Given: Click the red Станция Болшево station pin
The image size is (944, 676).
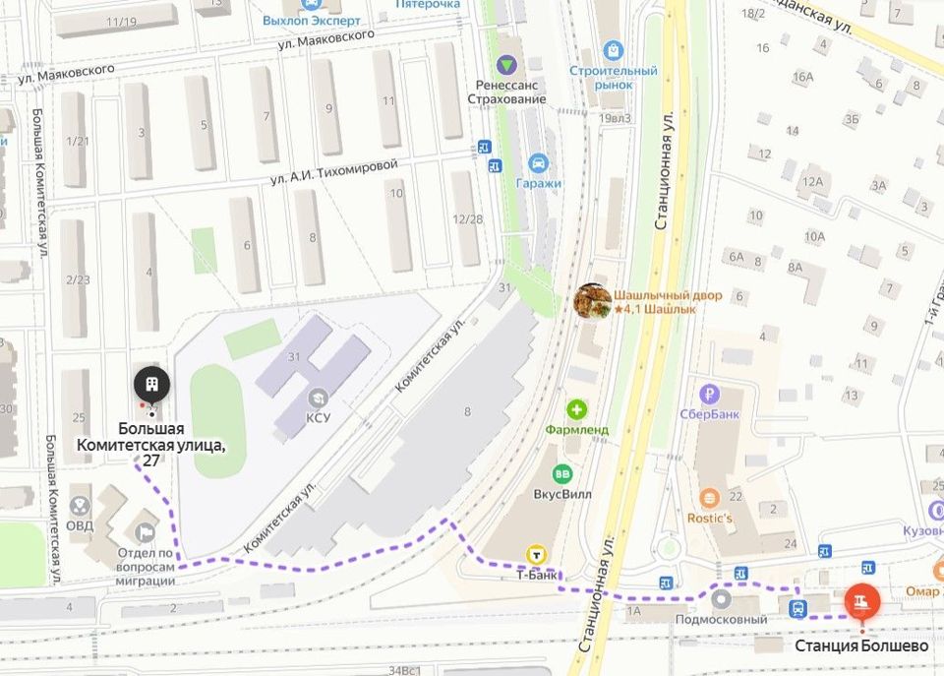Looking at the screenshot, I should coord(862,599).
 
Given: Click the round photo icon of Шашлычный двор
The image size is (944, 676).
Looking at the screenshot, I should coord(592,301).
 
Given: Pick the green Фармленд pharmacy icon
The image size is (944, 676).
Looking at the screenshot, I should coord(577,408).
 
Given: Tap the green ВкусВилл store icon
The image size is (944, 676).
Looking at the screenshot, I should coord(562,474).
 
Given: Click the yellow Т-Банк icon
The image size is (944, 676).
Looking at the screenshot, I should coord(537,553).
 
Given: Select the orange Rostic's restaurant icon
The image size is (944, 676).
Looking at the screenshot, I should coord(709,498).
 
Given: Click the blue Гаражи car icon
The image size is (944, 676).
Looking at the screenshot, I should coord(538,162).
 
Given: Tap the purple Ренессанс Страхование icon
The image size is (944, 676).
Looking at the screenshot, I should coord(506,66).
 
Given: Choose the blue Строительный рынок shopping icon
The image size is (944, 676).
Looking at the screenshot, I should coord(614,50).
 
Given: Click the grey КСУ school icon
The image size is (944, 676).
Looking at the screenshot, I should coord(317,399).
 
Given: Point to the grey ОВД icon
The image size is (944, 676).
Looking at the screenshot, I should coord(80,505).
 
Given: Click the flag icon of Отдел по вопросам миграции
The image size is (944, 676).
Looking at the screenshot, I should coord(147,532).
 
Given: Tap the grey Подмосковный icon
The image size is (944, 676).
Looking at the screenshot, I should coord(721,598).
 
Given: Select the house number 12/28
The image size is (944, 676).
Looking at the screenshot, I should coord(466,218).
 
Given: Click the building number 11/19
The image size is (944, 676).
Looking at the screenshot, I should coord(122,22).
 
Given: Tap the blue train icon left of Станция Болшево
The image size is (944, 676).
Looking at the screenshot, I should coord(797,608).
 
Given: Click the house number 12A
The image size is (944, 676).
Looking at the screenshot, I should coord(811,182).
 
